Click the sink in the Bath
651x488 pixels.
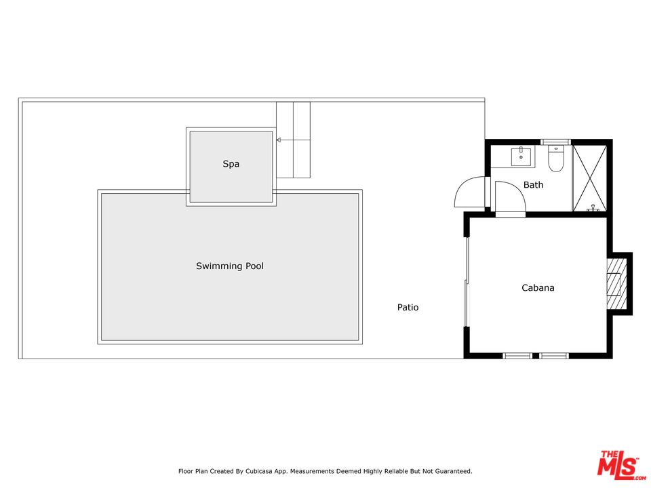pos(521,156)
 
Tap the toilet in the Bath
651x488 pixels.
pos(555,159)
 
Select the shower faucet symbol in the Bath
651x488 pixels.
pos(593,208)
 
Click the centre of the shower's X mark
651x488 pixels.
pos(589,178)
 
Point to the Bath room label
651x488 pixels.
pos(533,184)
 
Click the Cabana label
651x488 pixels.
pos(538,287)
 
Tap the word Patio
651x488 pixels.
pos(408,307)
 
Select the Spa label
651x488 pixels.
pos(231,164)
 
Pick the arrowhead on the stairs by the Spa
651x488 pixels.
pos(279,140)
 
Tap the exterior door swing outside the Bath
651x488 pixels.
pos(469,192)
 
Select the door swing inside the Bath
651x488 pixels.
pos(511,197)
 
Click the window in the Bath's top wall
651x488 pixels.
pos(555,142)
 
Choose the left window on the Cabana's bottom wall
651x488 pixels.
pos(517,356)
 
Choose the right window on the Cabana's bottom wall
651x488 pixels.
pos(554,356)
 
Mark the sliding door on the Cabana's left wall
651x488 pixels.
pos(467,282)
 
